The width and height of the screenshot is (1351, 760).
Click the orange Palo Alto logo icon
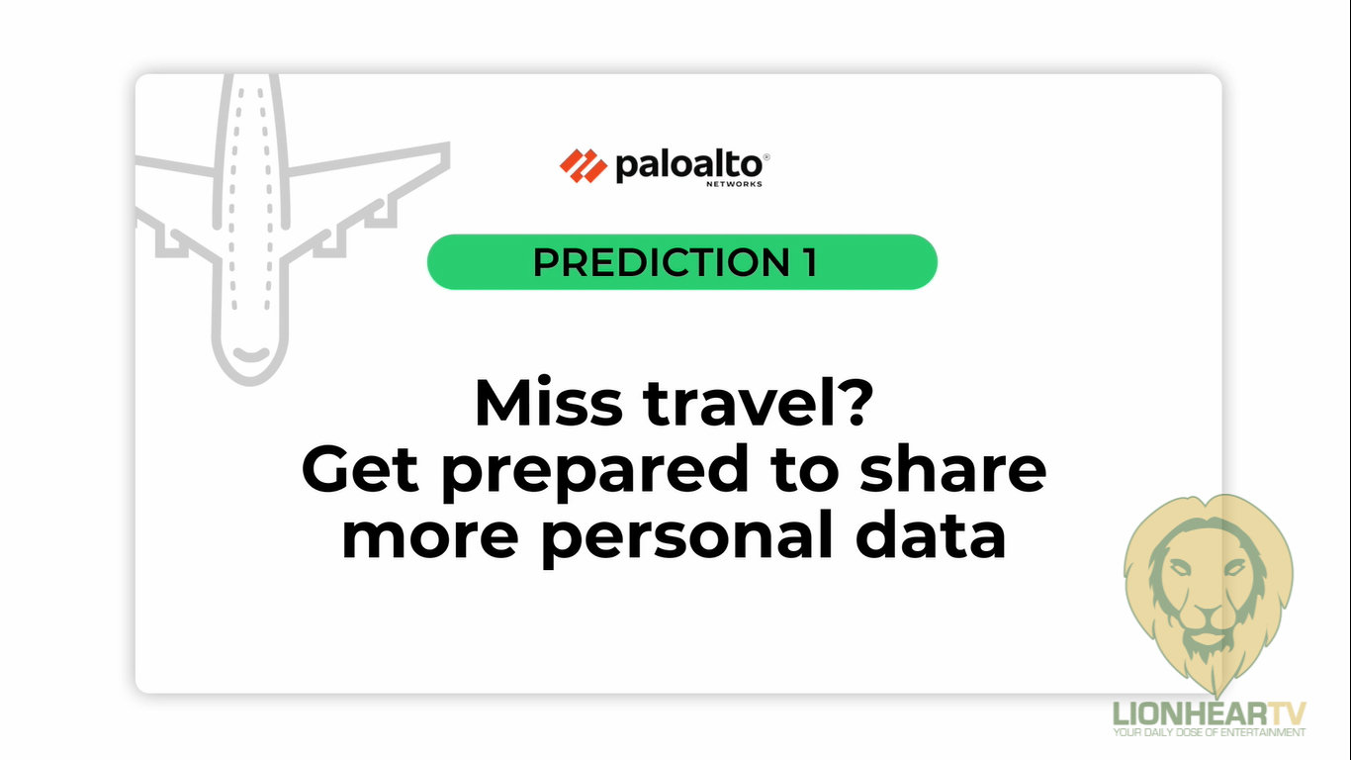(x=583, y=165)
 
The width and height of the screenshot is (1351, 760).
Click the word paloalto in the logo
(x=688, y=166)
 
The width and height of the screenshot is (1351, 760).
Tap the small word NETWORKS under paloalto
(x=734, y=183)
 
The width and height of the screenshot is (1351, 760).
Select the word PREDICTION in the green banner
(x=661, y=262)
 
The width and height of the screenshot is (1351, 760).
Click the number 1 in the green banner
(x=810, y=262)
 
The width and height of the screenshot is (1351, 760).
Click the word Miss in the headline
(x=549, y=403)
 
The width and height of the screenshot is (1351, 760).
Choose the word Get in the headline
(x=359, y=469)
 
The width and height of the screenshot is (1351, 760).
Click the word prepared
(x=594, y=473)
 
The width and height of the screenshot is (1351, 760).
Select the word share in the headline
(x=953, y=468)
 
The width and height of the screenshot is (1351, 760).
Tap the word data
(x=931, y=534)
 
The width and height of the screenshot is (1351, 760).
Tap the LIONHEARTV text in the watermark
(x=1210, y=714)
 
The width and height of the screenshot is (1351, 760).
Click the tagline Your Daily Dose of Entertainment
(x=1210, y=732)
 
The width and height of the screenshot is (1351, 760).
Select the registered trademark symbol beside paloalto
(x=766, y=157)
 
